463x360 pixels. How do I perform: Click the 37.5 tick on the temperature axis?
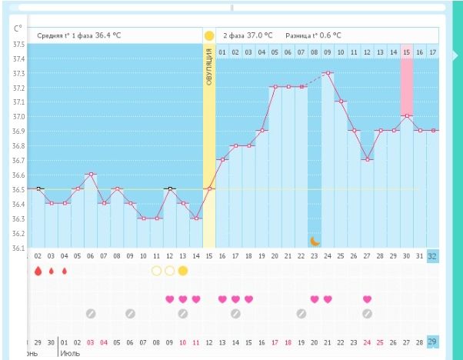[18, 45]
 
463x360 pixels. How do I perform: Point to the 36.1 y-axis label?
[18, 248]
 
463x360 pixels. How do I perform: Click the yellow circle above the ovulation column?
[209, 35]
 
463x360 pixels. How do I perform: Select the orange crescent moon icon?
[315, 241]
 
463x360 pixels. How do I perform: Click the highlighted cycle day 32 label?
[432, 255]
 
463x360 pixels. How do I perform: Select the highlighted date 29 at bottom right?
[432, 341]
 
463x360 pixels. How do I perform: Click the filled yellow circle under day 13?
[183, 271]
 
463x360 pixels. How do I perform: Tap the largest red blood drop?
[38, 271]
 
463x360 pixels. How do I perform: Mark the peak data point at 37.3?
[328, 73]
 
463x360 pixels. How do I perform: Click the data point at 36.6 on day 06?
[91, 175]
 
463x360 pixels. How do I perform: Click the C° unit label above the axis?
[17, 28]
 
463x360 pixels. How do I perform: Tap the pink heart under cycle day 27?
[367, 299]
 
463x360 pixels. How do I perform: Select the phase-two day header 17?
[432, 52]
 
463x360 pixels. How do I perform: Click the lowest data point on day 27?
[367, 160]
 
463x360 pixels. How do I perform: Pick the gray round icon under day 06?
[91, 313]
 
